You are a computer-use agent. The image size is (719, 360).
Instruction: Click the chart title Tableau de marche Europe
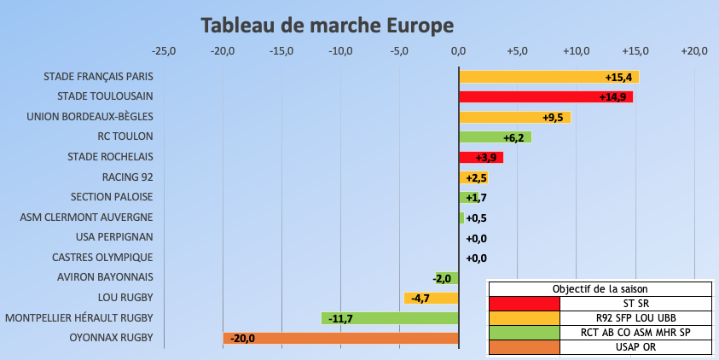click(327, 26)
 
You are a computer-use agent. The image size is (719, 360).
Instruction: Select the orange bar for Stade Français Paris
click(548, 77)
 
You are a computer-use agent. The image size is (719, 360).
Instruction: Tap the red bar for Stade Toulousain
click(546, 96)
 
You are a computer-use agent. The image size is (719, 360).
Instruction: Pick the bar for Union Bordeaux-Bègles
click(514, 117)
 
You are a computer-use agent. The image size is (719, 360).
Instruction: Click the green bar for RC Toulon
click(495, 136)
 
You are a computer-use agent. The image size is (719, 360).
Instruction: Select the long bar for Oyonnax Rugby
click(341, 338)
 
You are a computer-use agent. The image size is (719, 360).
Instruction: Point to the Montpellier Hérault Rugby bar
click(390, 317)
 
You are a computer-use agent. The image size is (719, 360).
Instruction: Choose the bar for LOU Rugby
click(431, 298)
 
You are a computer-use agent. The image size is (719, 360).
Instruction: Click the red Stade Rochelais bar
click(481, 157)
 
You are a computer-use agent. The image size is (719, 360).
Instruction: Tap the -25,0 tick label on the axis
click(163, 51)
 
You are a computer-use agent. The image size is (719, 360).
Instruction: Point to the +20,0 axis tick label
click(694, 51)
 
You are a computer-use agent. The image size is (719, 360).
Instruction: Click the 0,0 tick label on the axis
click(459, 51)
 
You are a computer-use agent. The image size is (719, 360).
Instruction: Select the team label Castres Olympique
click(102, 257)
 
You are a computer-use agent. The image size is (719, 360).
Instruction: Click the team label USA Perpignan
click(114, 237)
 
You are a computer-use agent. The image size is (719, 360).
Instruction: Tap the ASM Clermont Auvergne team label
click(87, 218)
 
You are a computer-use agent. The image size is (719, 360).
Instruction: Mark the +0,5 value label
click(476, 218)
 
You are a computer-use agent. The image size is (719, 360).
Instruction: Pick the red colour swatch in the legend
click(525, 303)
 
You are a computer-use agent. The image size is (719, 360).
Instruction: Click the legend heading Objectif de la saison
click(600, 288)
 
